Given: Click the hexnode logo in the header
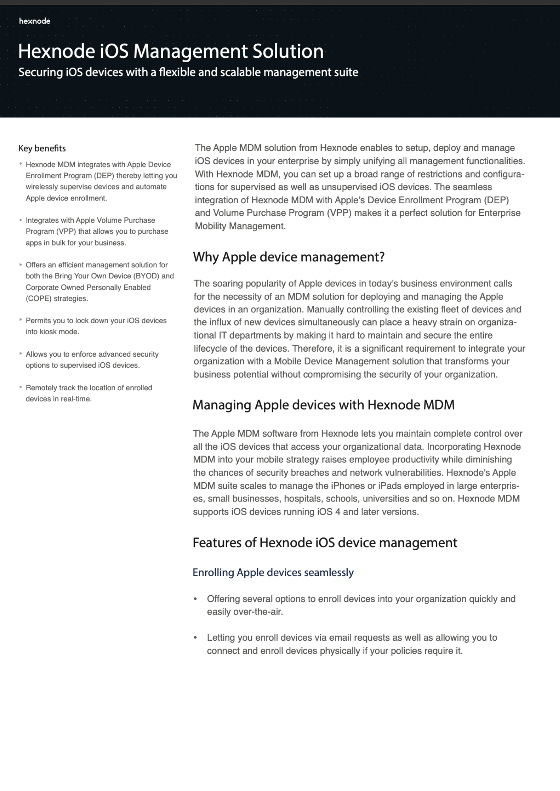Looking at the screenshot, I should click(34, 21).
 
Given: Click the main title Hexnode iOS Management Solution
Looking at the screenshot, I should click(171, 51).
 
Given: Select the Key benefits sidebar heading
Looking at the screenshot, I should click(42, 148).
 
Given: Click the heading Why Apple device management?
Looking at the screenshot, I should click(289, 257).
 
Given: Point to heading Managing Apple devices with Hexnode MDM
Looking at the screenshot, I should click(323, 405).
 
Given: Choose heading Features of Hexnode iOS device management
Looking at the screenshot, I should click(325, 543).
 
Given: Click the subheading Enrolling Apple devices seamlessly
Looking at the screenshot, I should click(273, 572).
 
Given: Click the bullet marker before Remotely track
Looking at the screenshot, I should click(21, 387).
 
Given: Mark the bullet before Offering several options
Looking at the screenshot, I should click(195, 599).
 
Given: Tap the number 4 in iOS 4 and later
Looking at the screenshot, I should click(337, 512).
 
